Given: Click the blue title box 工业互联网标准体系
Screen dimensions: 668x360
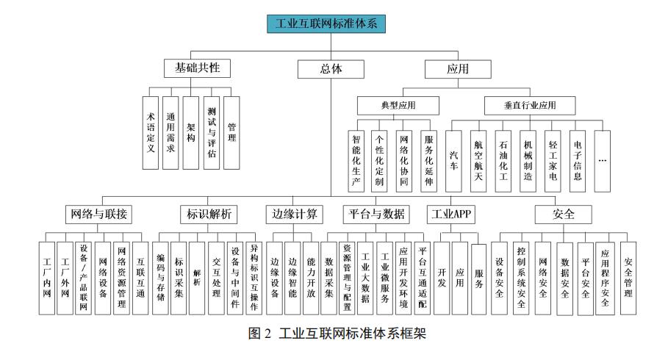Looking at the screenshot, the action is pos(326,24).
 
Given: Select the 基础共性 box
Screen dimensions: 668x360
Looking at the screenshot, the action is pos(197,68).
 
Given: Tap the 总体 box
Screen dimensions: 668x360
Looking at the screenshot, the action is pos(331,69).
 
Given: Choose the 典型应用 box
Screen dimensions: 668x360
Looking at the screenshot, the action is pos(398,106).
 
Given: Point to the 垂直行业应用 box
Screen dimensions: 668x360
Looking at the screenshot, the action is pos(530,106).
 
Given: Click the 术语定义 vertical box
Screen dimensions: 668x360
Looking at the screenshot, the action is pos(151,132).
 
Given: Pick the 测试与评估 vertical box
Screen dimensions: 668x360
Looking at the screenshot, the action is pos(212,132).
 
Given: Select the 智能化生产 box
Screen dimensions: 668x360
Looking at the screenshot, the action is pos(356,161).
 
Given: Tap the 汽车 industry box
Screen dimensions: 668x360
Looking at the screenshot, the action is pos(453,161).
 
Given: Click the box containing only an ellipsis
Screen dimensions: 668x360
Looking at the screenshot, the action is pos(603,161).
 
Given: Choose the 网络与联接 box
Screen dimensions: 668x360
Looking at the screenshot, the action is pos(98,215).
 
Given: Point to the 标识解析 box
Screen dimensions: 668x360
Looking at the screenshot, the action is pos(209,215).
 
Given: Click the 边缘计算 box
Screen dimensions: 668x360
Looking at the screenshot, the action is pos(295,215).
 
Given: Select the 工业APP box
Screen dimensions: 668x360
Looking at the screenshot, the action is pos(450,215).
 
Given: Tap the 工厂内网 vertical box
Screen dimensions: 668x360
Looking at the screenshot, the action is pos(47,278).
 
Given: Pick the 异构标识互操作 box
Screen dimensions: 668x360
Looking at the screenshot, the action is pos(254,278).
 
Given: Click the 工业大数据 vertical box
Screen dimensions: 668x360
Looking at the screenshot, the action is pos(365,278).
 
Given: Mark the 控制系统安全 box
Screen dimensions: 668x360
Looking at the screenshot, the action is pos(521,278).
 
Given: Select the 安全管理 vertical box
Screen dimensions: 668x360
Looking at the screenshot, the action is pos(628,278).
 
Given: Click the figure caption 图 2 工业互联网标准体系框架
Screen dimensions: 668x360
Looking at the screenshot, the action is pos(337,333).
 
